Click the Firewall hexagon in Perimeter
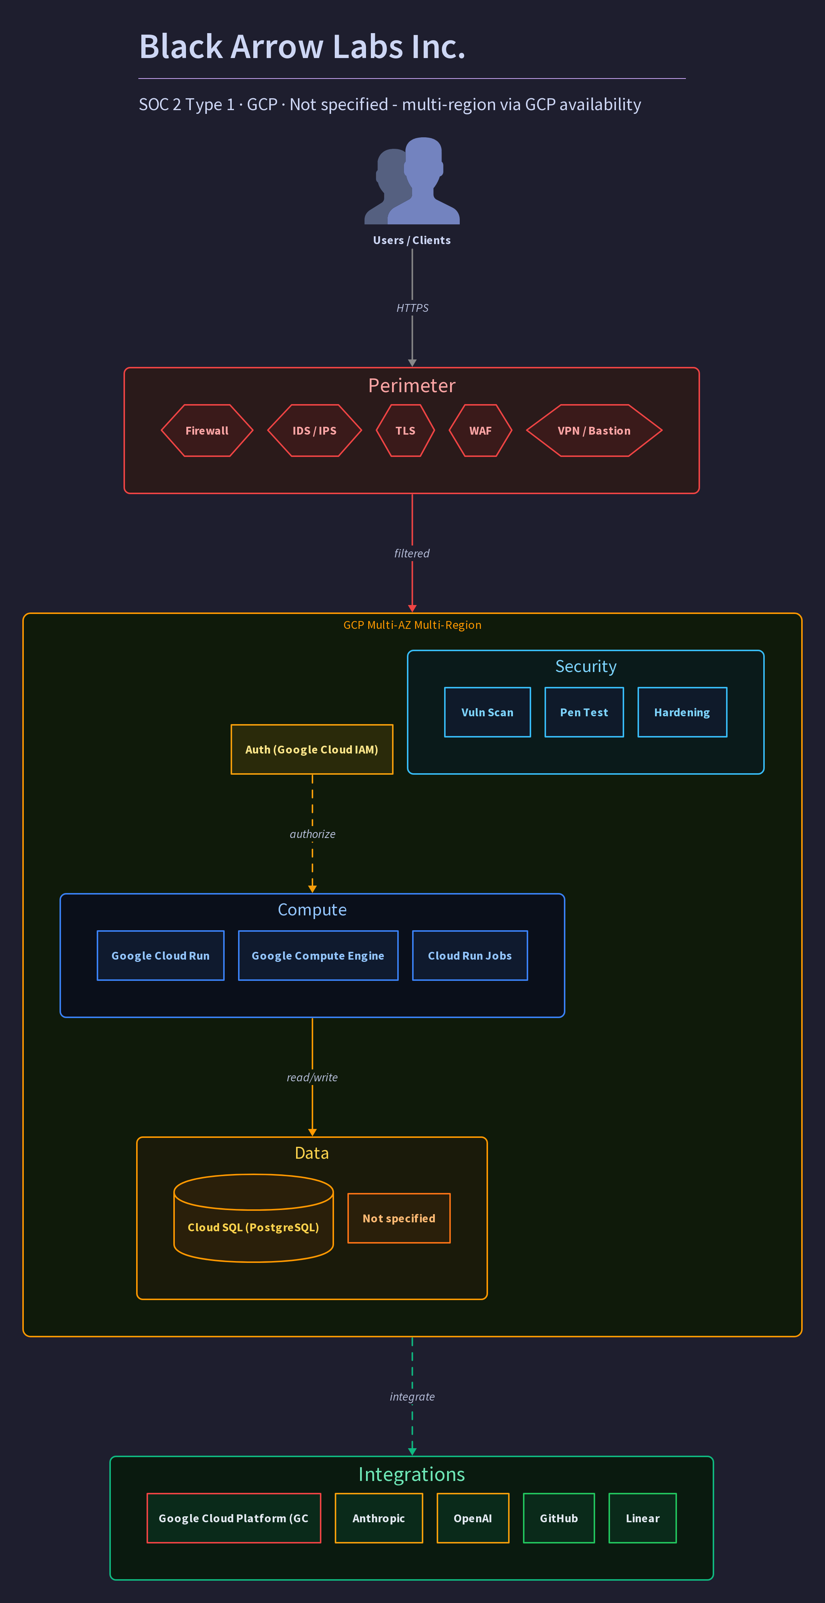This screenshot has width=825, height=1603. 207,431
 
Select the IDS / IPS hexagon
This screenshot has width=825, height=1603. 314,431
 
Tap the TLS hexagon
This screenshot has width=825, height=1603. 405,431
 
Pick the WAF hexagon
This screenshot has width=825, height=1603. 480,431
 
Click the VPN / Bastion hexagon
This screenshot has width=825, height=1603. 594,431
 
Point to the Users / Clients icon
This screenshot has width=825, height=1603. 412,180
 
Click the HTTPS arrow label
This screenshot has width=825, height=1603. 412,308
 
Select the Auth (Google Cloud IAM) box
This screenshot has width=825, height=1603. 312,749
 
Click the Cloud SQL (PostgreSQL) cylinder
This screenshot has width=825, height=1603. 253,1218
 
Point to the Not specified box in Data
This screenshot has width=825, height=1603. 399,1218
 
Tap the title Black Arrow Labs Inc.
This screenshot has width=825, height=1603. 302,47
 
